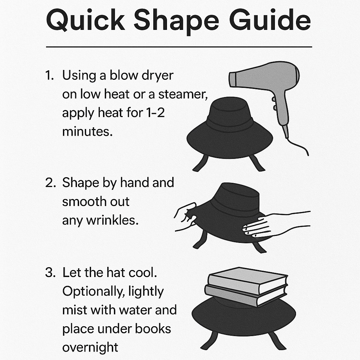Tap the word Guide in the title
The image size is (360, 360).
coord(270,20)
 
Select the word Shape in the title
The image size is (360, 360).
coord(176,22)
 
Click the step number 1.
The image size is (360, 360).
coord(49,75)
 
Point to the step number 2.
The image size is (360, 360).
coord(50,183)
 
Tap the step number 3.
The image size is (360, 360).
coord(50,272)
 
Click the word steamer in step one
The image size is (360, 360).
coord(183,94)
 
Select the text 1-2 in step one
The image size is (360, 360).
coord(155,113)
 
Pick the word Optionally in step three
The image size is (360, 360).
coord(94,291)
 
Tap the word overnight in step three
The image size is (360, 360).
coord(90,348)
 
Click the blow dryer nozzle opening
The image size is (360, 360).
coord(233,79)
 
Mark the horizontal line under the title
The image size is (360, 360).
coord(179,47)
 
